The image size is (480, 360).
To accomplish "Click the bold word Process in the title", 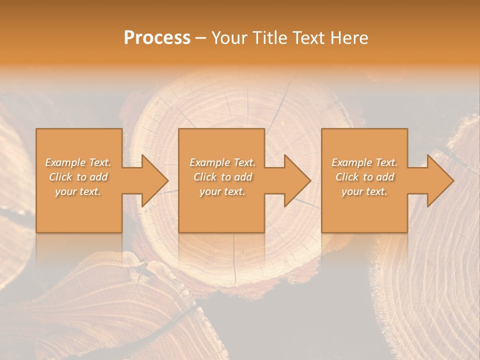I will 157,37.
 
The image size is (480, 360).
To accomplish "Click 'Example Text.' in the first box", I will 78,162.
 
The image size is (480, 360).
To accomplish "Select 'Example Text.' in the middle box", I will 222,162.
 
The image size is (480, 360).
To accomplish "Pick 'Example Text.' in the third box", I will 364,162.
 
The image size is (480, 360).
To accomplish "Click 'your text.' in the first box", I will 78,191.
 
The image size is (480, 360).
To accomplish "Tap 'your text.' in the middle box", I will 222,191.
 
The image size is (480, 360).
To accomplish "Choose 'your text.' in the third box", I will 364,191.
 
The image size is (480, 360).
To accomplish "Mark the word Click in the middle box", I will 205,177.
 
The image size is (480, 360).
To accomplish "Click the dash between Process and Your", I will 200,38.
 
